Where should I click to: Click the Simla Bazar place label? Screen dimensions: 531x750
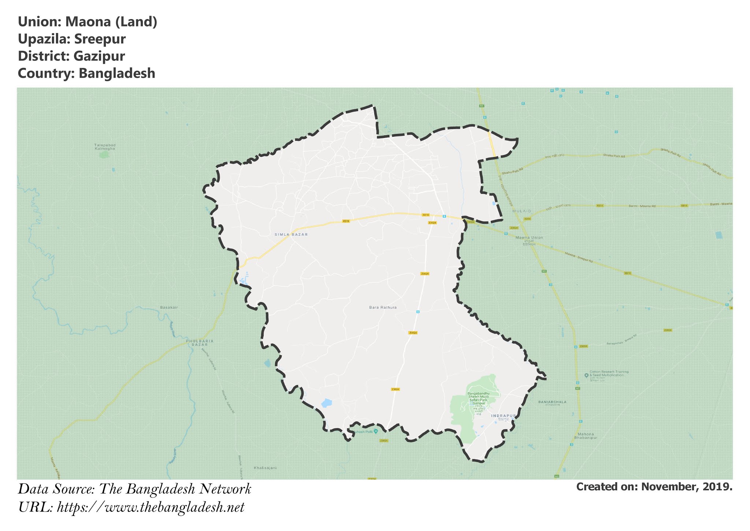(x=291, y=234)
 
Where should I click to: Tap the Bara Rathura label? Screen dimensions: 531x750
(x=383, y=307)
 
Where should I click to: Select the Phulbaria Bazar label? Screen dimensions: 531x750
(x=200, y=343)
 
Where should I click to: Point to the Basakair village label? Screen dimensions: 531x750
(x=169, y=307)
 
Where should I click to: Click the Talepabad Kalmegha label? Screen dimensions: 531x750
(x=105, y=147)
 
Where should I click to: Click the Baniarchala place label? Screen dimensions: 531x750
(x=552, y=402)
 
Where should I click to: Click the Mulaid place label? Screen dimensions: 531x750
(x=521, y=211)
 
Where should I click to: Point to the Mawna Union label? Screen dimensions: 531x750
(x=529, y=238)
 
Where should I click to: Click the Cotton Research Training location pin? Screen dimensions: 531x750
(x=586, y=375)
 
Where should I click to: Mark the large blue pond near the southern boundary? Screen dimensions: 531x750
(x=326, y=403)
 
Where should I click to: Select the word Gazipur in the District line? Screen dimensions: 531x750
(x=99, y=56)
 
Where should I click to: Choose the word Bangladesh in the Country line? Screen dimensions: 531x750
(x=117, y=73)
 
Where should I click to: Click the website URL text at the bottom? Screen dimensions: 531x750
(x=151, y=508)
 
